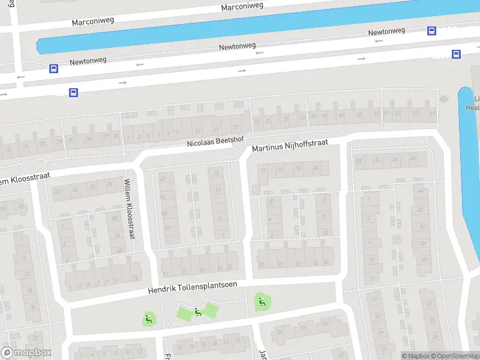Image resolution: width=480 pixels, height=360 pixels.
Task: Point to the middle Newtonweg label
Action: pyautogui.click(x=238, y=46)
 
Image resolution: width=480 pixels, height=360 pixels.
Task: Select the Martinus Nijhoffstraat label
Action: pyautogui.click(x=290, y=147)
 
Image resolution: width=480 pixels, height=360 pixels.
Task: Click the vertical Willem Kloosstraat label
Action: pyautogui.click(x=129, y=209)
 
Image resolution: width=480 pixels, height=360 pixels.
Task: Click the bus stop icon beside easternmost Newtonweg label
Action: pyautogui.click(x=431, y=31)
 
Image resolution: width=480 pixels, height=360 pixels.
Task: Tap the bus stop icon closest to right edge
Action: pyautogui.click(x=456, y=54)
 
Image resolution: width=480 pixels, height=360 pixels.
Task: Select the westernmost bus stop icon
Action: pyautogui.click(x=53, y=68)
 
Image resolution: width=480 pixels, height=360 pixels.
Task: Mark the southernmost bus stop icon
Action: pyautogui.click(x=73, y=92)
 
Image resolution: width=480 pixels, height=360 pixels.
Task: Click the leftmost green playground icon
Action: pyautogui.click(x=149, y=319)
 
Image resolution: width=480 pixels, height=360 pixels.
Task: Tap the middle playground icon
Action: pyautogui.click(x=197, y=311)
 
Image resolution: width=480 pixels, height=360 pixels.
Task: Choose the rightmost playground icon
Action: pyautogui.click(x=260, y=301)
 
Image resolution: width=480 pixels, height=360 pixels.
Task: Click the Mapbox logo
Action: pyautogui.click(x=26, y=353)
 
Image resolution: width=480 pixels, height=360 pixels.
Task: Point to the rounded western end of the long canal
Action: pyautogui.click(x=41, y=46)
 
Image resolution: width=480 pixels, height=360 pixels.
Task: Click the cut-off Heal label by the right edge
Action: pyautogui.click(x=473, y=107)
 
